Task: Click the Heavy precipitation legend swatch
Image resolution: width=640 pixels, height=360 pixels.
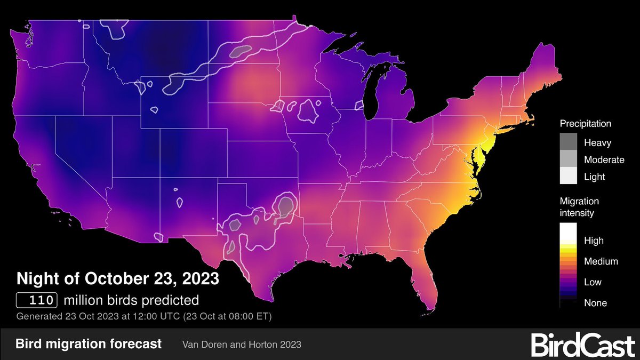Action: [569, 142]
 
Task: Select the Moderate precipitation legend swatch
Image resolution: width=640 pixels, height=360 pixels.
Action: [569, 159]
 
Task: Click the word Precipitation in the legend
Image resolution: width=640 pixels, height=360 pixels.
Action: [585, 124]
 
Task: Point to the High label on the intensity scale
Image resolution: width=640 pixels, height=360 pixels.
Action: [594, 241]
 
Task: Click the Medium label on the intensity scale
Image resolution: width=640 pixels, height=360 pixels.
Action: [601, 261]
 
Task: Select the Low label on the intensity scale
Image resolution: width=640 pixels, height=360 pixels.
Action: [593, 282]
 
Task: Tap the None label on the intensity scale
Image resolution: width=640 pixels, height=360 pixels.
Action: [595, 303]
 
